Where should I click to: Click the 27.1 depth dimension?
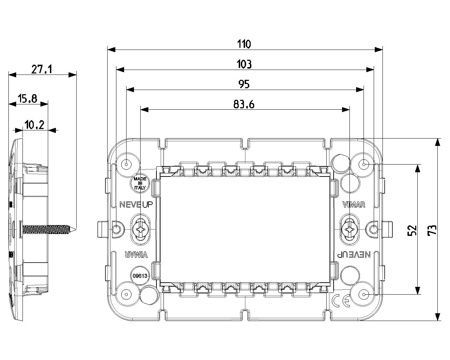[x=41, y=69]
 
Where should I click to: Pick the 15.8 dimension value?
[x=28, y=99]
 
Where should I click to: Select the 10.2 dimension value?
[x=34, y=125]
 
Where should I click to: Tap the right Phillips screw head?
[x=350, y=230]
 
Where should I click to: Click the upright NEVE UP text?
[x=136, y=205]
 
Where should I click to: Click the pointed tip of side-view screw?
[x=75, y=230]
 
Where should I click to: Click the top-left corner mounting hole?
[x=126, y=164]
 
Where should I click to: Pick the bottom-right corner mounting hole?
[x=364, y=294]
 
